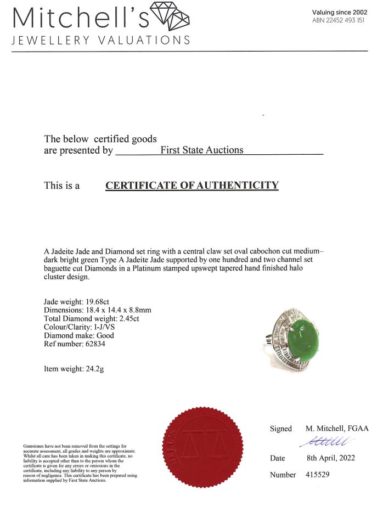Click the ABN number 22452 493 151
(x=338, y=20)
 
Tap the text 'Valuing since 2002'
(x=340, y=12)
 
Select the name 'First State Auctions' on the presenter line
(x=201, y=150)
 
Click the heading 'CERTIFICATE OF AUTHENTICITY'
(x=191, y=185)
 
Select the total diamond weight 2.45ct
(x=123, y=318)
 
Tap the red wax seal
(x=204, y=445)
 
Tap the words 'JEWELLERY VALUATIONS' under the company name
(x=101, y=40)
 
